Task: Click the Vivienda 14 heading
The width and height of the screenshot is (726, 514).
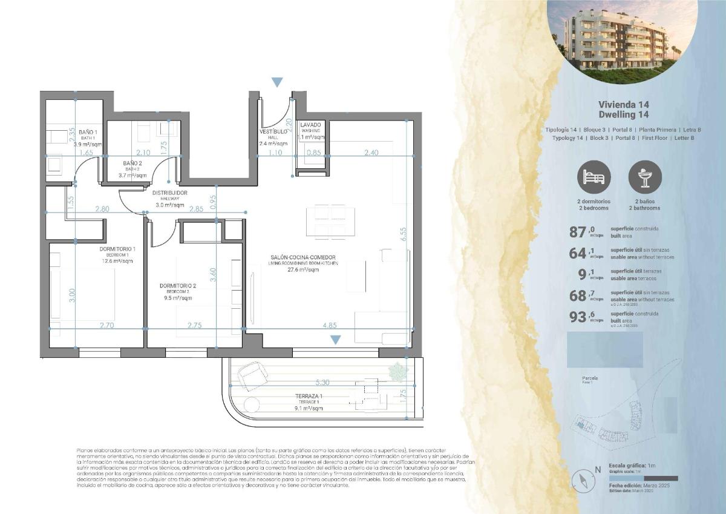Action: (623, 104)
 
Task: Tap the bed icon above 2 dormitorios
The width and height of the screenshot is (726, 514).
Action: (594, 177)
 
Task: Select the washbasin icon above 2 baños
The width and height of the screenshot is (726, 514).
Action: (645, 177)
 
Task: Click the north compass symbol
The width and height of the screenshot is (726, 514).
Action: (584, 480)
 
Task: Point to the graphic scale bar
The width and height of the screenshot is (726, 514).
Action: (643, 478)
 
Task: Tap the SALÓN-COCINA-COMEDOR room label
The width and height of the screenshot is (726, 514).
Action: (303, 257)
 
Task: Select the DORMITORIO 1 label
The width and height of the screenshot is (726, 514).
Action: (117, 249)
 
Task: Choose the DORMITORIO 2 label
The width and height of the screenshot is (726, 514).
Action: (178, 285)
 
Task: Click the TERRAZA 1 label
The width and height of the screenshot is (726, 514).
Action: (309, 396)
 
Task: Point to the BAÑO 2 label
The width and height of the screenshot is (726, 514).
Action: (132, 163)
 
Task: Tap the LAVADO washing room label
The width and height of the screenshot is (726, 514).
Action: (311, 125)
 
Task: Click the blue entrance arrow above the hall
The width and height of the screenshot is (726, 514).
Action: (277, 82)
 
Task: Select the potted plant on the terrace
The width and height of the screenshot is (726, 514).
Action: (396, 371)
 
